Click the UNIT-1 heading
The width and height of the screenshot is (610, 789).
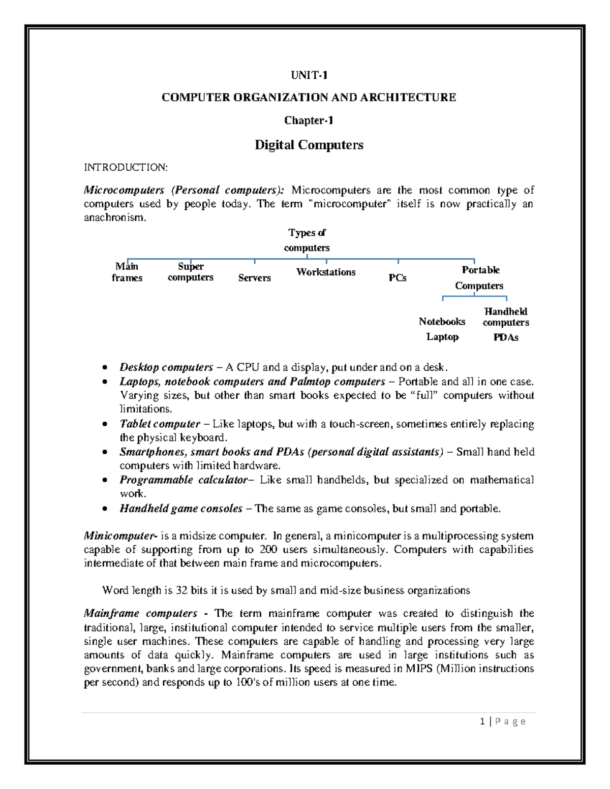pos(309,76)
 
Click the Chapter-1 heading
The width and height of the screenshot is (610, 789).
pos(309,120)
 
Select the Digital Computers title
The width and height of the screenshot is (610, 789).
pos(309,145)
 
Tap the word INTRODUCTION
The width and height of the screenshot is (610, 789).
pos(125,168)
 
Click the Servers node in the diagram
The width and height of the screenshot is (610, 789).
pos(254,278)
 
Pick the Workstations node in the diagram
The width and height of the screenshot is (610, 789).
pos(326,272)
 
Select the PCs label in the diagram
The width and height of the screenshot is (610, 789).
pos(398,278)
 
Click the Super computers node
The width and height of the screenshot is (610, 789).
pos(191,272)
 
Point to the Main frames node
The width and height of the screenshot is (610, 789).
pos(127,272)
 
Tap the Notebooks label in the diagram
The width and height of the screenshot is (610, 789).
pos(442,322)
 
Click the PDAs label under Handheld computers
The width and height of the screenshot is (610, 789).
pos(506,337)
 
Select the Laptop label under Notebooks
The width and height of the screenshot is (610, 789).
pos(442,337)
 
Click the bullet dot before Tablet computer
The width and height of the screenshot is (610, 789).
pos(105,424)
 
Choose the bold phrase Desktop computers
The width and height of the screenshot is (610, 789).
pos(166,367)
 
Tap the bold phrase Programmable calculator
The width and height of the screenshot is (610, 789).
pos(184,480)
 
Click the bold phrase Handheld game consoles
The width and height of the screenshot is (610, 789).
pos(181,509)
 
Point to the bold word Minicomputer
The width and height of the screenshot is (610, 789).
pos(119,536)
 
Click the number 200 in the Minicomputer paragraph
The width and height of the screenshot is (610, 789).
pos(268,550)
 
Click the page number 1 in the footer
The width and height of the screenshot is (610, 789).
pos(482,721)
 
